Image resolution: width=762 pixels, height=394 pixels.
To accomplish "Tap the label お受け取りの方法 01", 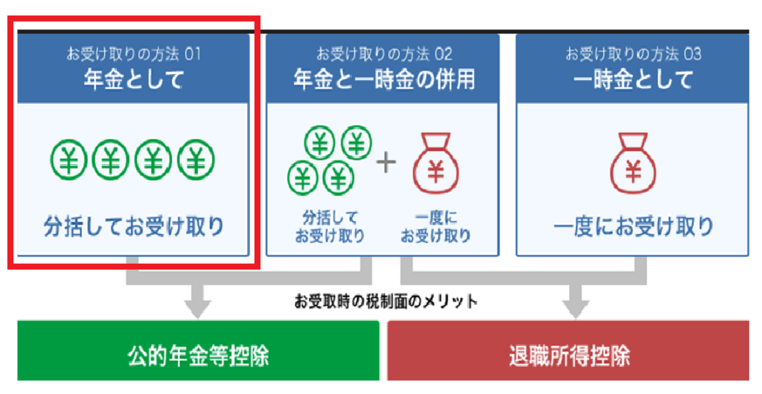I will pos(133,54).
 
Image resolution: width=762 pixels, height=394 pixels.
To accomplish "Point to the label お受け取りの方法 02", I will pos(383,54).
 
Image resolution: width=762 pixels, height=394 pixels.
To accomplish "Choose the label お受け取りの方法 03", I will pos(633,54).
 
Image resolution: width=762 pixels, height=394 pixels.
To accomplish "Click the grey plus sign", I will pos(386,162).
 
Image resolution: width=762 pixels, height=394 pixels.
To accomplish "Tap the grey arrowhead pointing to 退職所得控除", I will pos(572,305).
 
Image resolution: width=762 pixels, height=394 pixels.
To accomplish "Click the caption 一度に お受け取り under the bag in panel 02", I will pos(436,226).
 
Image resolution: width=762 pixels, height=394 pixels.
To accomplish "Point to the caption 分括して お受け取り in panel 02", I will pos(330,226).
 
